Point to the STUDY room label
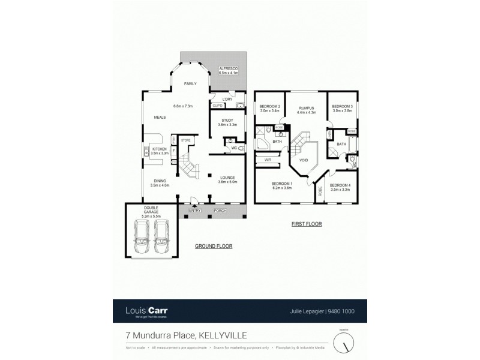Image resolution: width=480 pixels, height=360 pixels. (226, 120)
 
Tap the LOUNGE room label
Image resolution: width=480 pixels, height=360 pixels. (227, 178)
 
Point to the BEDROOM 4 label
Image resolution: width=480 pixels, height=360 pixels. (340, 185)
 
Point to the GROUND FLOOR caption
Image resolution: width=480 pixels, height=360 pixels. (213, 246)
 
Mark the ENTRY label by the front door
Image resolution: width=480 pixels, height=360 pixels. (194, 211)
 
